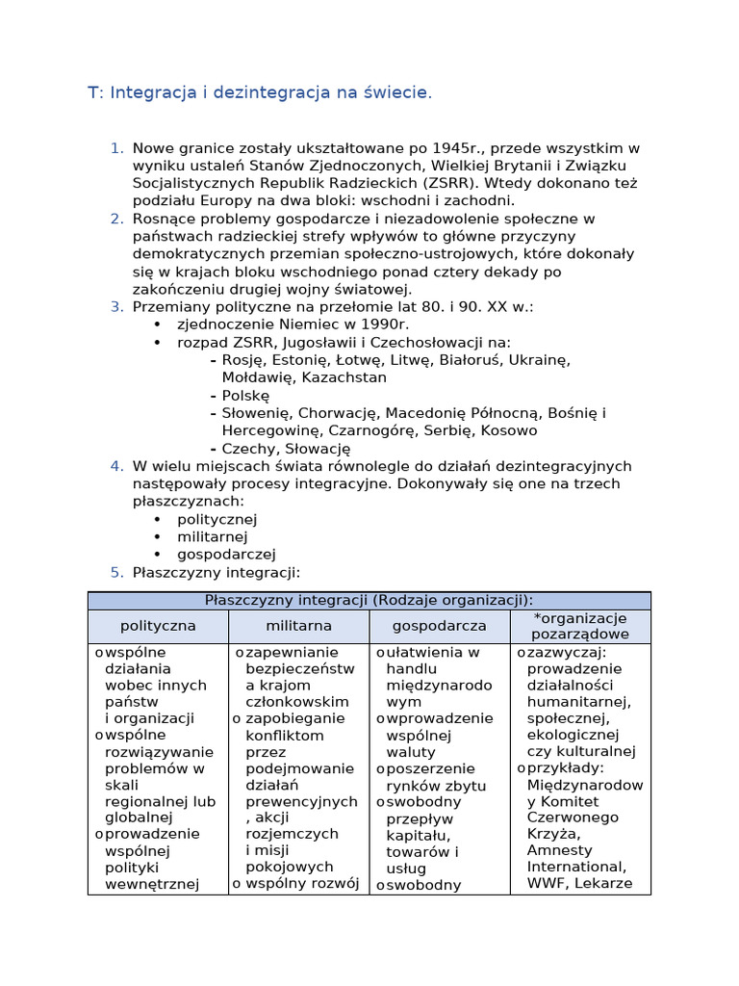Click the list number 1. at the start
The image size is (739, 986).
[116, 148]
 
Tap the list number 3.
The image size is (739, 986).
[116, 306]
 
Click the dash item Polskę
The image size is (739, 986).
[245, 396]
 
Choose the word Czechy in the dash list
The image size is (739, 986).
[246, 449]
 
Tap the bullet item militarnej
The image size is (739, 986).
[212, 536]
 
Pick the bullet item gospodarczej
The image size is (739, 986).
[226, 555]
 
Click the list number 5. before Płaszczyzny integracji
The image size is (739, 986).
[116, 572]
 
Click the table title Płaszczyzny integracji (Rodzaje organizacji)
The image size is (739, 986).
[369, 600]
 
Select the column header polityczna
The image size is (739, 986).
[158, 626]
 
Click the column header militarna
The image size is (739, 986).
[298, 626]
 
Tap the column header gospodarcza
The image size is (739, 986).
[439, 626]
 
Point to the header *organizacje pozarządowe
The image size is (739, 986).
[580, 626]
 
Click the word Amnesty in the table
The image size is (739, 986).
[559, 850]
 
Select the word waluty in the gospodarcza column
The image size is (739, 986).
[411, 752]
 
